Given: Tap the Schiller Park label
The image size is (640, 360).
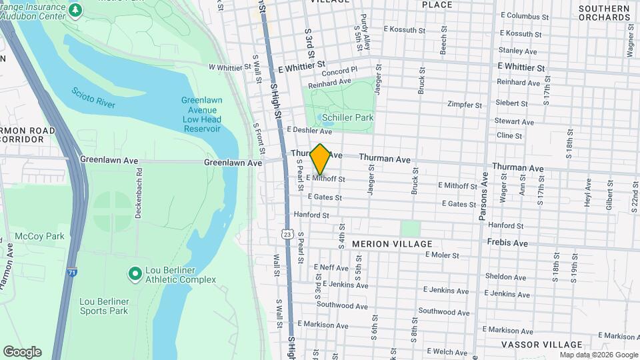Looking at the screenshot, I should click(347, 117).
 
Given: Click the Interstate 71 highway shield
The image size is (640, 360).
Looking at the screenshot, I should click(71, 272).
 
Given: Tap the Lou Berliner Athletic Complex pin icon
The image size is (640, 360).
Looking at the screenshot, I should click(135, 273).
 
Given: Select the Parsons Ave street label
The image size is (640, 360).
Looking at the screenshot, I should click(483, 197).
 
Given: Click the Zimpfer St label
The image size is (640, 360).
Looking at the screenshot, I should click(464, 105).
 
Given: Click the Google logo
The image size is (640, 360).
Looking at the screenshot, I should click(22, 352).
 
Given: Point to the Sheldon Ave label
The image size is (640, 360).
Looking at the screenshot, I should click(507, 277).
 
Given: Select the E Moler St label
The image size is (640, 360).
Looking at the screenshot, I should click(442, 255).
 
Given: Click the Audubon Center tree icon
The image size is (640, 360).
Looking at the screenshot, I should click(76, 9).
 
